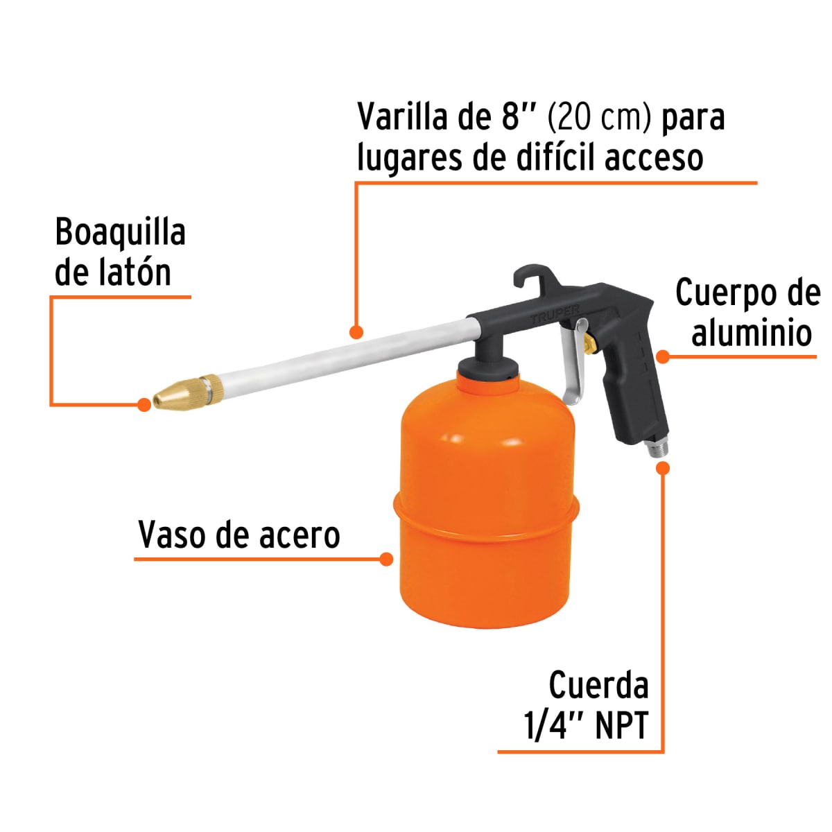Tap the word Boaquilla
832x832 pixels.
(x=121, y=232)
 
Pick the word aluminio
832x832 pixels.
(x=752, y=333)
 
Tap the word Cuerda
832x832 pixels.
(x=598, y=685)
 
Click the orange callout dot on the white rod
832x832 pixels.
(x=356, y=331)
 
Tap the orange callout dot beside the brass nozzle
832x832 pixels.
(x=144, y=404)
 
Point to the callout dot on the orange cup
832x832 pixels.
(x=387, y=559)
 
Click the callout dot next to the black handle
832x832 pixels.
(x=663, y=357)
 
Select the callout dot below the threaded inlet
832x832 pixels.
(x=663, y=468)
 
